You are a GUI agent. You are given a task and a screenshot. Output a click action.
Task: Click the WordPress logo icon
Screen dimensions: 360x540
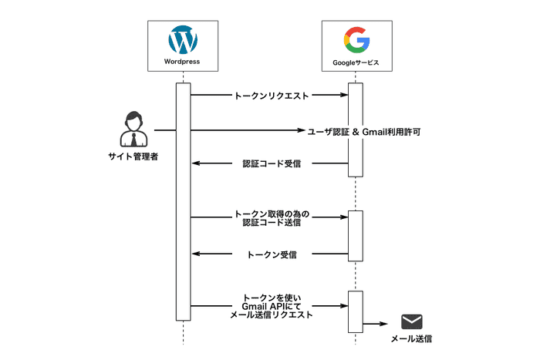183,39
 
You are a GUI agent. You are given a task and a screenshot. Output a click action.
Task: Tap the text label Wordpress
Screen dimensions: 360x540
183,61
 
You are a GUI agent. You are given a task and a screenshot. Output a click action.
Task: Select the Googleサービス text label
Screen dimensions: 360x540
356,61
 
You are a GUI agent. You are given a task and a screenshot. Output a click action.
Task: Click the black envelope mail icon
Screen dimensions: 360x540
411,322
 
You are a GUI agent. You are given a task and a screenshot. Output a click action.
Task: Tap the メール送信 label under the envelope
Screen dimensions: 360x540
411,340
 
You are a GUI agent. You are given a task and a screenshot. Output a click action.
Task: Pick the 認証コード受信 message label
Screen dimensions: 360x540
271,164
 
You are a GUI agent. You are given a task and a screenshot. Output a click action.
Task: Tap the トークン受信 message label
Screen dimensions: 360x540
271,254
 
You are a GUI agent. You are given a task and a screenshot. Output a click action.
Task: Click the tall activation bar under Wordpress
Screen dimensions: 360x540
183,200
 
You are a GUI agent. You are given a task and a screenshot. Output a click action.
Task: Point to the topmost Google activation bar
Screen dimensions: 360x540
355,130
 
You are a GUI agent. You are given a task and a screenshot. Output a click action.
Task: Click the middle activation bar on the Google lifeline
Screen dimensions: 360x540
355,235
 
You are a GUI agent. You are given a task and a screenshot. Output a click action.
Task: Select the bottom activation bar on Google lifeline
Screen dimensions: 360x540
355,311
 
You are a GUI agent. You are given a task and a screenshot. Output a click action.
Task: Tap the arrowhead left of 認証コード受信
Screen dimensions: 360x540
195,163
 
